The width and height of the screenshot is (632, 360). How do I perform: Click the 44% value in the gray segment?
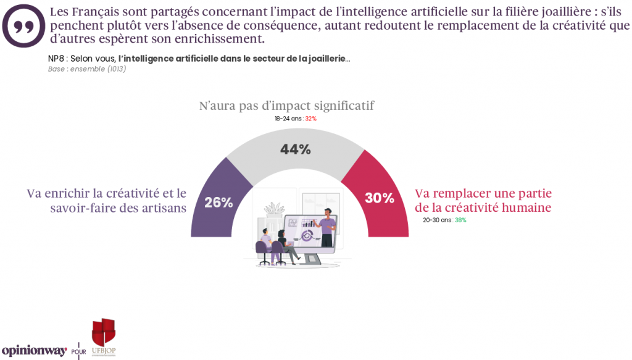click(295, 149)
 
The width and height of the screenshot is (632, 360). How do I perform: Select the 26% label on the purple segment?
click(218, 202)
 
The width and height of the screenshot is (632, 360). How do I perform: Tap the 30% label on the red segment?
click(379, 198)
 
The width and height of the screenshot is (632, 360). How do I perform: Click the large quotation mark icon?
click(23, 24)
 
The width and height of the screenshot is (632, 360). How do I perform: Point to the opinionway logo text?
click(34, 350)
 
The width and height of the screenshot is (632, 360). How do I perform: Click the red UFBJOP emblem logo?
click(103, 334)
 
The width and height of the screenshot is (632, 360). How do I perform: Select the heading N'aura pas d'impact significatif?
click(286, 106)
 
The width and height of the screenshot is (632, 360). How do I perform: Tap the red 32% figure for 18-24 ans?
click(310, 119)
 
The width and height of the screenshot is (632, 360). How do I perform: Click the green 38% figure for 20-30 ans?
click(460, 220)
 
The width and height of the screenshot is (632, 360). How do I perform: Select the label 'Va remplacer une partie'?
click(482, 193)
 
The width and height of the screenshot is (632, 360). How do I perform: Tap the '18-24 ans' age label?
click(288, 119)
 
